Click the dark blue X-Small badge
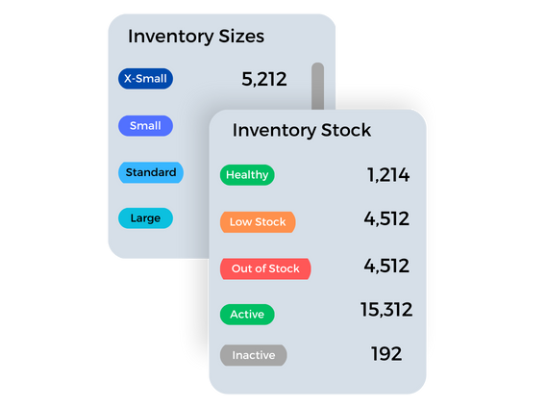[145, 79]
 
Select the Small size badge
[145, 126]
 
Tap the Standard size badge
[151, 172]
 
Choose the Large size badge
[145, 218]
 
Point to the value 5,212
[264, 79]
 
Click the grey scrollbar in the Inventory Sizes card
[318, 87]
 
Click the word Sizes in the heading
[241, 37]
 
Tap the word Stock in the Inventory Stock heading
[346, 130]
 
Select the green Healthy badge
[247, 175]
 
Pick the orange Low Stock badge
[258, 222]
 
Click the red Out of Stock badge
[265, 268]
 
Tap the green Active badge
[247, 315]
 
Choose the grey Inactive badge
[254, 355]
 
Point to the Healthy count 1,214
[388, 175]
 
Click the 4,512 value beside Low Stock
[386, 219]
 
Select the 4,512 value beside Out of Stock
[386, 266]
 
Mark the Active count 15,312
[386, 310]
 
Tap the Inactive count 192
[386, 354]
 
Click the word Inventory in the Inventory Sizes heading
[171, 37]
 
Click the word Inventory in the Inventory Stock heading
[275, 131]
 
